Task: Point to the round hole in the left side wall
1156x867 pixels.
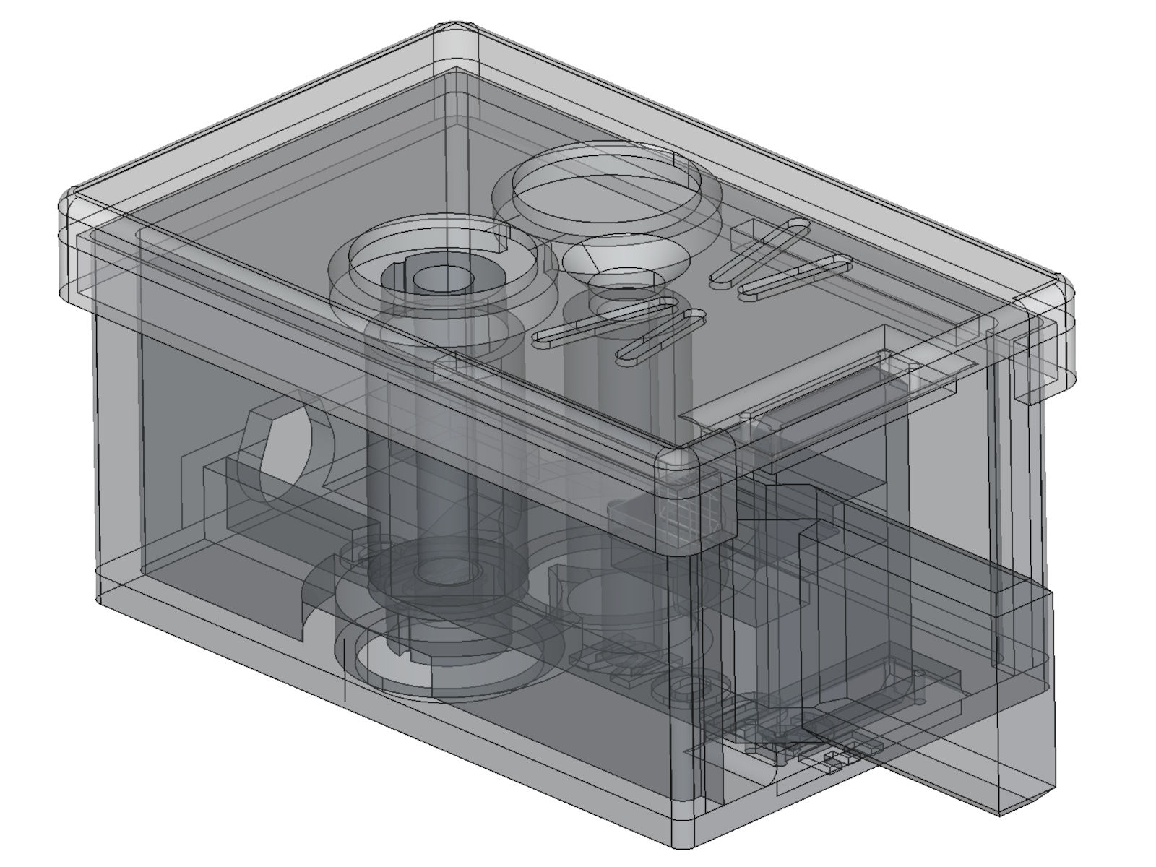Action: pos(285,448)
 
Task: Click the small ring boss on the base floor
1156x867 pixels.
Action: pos(681,686)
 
